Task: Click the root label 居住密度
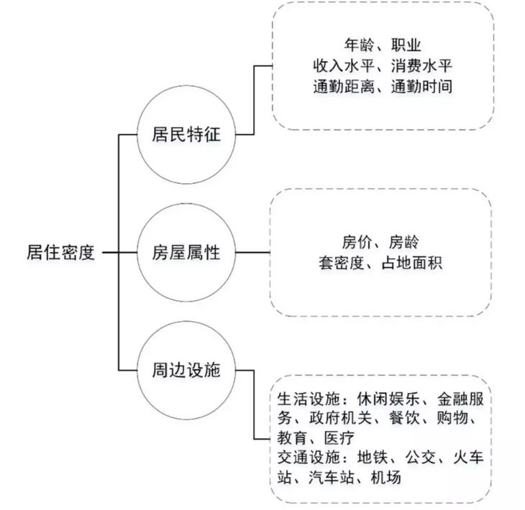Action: point(60,252)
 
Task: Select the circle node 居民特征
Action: point(186,134)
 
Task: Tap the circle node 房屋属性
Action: point(186,253)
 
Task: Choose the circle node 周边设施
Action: point(186,370)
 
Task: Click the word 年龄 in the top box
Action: point(359,45)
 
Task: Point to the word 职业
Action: point(406,45)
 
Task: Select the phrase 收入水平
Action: point(344,65)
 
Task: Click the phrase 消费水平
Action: point(422,65)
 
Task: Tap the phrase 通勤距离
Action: point(344,86)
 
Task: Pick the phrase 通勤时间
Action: point(422,86)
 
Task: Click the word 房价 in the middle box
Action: point(357,242)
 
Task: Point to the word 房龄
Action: point(403,242)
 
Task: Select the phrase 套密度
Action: point(341,263)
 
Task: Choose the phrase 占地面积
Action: point(412,263)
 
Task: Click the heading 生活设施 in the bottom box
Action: point(308,399)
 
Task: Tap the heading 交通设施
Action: point(308,457)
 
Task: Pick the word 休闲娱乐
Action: point(388,399)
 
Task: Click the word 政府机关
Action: point(340,418)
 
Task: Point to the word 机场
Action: point(386,477)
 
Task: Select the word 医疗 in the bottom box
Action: point(339,437)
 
